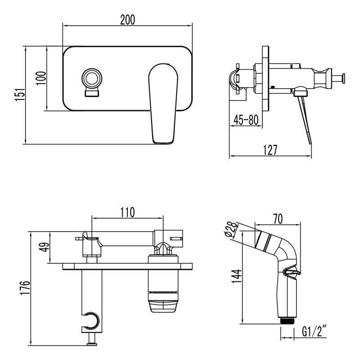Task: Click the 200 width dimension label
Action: [x=128, y=19]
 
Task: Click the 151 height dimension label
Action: [x=19, y=94]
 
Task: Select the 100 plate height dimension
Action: [x=40, y=79]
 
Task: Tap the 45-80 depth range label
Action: [x=246, y=120]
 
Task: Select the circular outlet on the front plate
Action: [x=93, y=78]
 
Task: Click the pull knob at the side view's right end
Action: [x=343, y=77]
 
